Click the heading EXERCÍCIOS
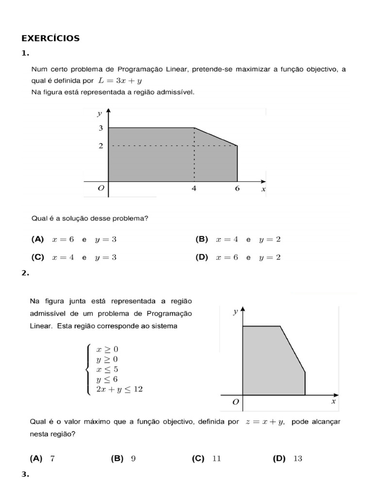click(51, 38)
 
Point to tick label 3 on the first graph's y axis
click(101, 128)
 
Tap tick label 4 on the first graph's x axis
click(194, 189)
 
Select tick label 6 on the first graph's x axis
click(237, 189)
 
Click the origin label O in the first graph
click(101, 189)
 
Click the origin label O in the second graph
click(236, 402)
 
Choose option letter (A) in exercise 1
click(37, 239)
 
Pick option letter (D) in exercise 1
click(202, 257)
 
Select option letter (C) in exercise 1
click(37, 257)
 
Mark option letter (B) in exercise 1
click(202, 239)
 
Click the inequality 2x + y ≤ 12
click(119, 390)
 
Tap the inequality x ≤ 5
click(107, 369)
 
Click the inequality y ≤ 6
click(107, 379)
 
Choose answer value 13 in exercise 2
click(298, 458)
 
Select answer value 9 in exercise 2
click(133, 458)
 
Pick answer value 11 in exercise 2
click(216, 458)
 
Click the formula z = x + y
click(265, 422)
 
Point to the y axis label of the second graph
click(235, 312)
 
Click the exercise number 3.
click(25, 474)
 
